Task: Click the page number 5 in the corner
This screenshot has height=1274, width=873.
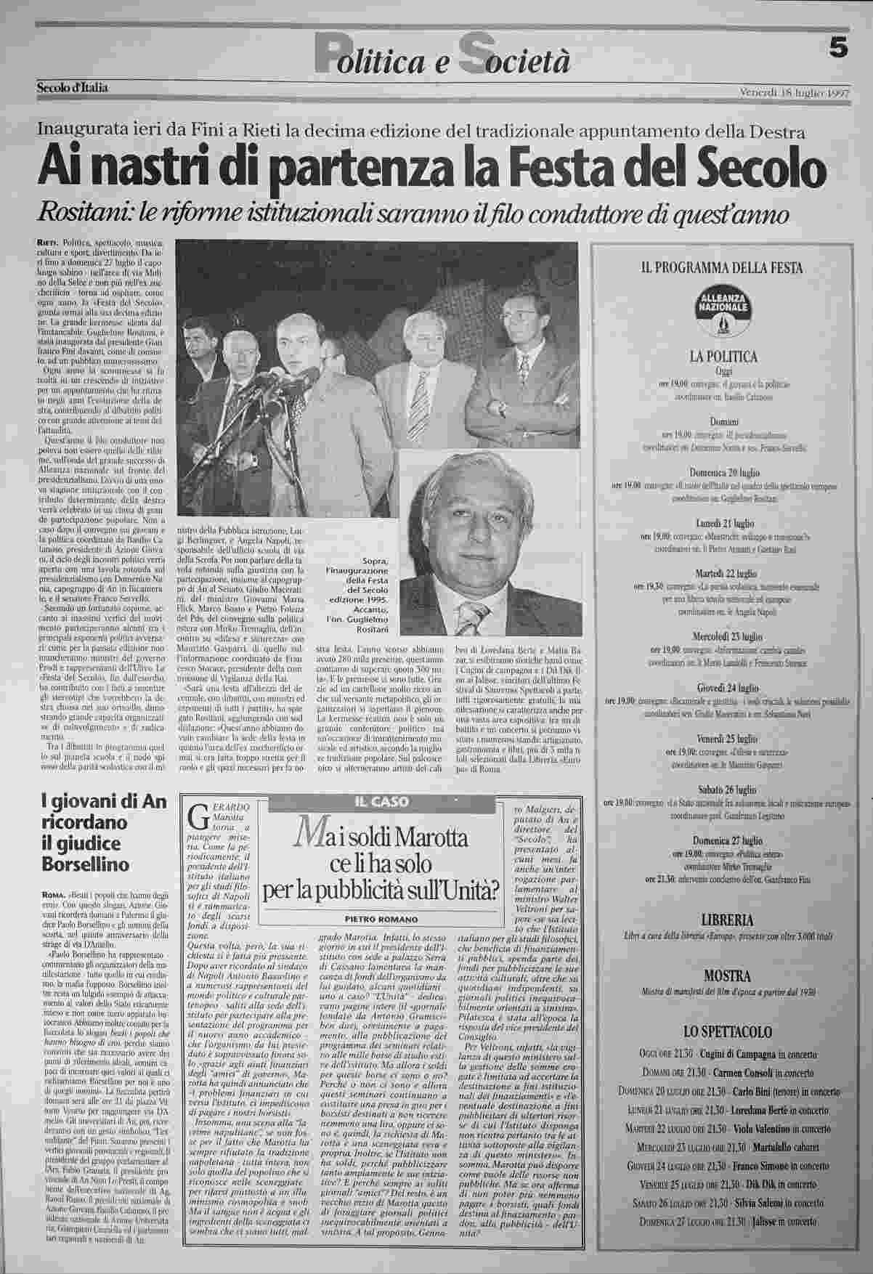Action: (x=839, y=48)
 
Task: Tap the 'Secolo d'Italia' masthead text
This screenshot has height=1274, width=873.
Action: (x=73, y=89)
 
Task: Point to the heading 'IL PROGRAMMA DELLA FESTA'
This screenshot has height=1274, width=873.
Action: (x=721, y=268)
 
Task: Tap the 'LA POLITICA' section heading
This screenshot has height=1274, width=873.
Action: (x=722, y=357)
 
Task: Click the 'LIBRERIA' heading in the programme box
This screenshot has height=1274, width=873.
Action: (x=721, y=919)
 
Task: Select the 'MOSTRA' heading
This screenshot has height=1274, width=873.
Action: (x=721, y=975)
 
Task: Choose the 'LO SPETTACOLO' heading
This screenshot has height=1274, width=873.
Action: (x=721, y=1031)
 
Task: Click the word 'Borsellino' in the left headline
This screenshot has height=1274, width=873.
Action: (x=86, y=864)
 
